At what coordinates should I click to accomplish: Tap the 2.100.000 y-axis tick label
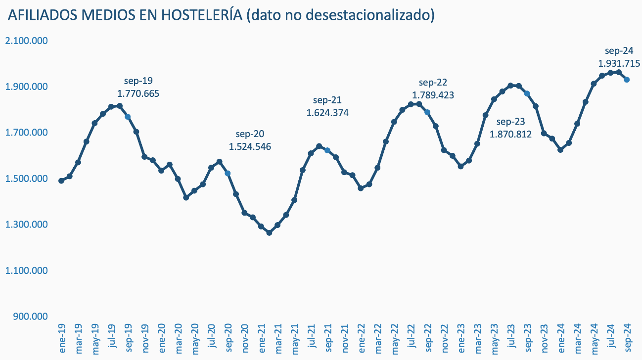point(26,41)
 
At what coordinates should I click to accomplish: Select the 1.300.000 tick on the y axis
point(26,225)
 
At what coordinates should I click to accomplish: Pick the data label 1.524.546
point(250,147)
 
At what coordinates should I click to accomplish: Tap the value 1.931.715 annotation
point(619,64)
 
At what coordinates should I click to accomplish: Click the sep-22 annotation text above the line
point(433,83)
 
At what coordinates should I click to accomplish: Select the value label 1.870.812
point(510,134)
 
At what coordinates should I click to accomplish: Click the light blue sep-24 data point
point(626,80)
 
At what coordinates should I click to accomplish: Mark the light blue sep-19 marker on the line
point(128,117)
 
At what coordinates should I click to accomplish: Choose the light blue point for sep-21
point(327,150)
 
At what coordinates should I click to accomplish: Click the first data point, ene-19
point(61,181)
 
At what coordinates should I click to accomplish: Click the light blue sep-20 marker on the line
point(228,174)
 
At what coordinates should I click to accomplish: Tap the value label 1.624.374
point(327,113)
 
